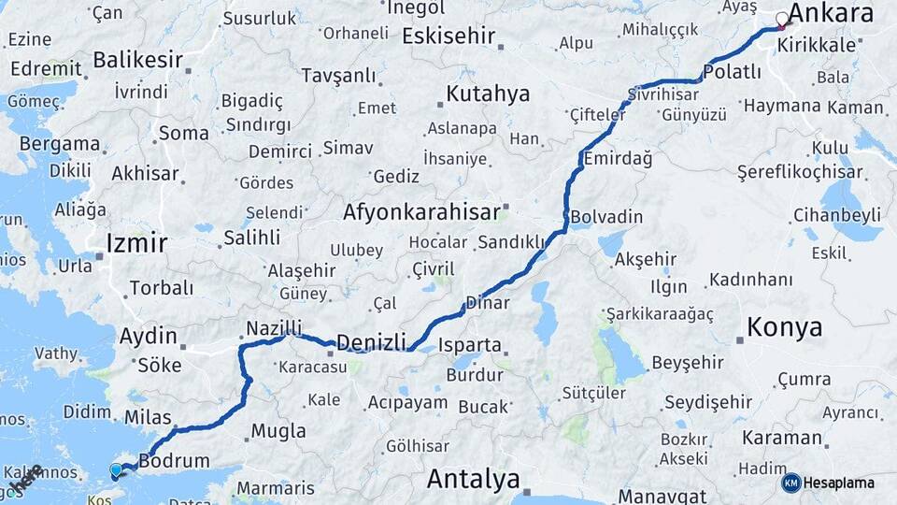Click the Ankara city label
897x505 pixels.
pyautogui.click(x=831, y=12)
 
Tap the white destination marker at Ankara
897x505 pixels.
pyautogui.click(x=781, y=20)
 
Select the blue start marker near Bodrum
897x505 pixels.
pyautogui.click(x=116, y=470)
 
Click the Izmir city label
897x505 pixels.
pyautogui.click(x=136, y=244)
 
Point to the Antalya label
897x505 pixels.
pyautogui.click(x=473, y=480)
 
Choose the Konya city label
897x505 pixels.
pyautogui.click(x=785, y=327)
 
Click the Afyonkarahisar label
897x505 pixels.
pyautogui.click(x=421, y=212)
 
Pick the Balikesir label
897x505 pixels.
pyautogui.click(x=137, y=61)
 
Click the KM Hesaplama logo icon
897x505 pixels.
pyautogui.click(x=790, y=483)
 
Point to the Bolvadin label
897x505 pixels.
pyautogui.click(x=606, y=217)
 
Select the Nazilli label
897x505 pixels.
pyautogui.click(x=274, y=328)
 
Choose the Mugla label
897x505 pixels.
pyautogui.click(x=278, y=431)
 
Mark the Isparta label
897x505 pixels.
pyautogui.click(x=469, y=344)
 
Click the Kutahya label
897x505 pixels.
pyautogui.click(x=488, y=94)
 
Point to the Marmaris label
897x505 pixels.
pyautogui.click(x=276, y=488)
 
